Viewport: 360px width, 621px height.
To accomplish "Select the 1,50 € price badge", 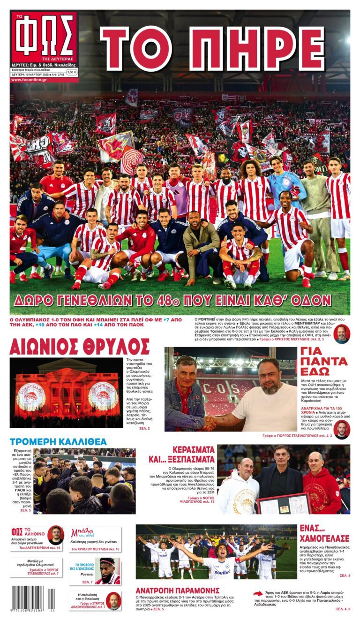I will pos(72,72).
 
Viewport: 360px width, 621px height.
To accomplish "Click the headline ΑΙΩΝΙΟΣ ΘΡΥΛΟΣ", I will pos(79,347).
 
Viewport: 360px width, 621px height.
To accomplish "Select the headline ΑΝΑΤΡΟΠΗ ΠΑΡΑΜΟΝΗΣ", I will pos(178,590).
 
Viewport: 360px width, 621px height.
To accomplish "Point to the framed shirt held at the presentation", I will pos(283,503).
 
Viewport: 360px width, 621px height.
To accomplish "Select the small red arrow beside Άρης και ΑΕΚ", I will pos(258,593).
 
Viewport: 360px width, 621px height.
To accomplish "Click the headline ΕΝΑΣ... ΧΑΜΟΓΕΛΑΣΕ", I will pos(324,533).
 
